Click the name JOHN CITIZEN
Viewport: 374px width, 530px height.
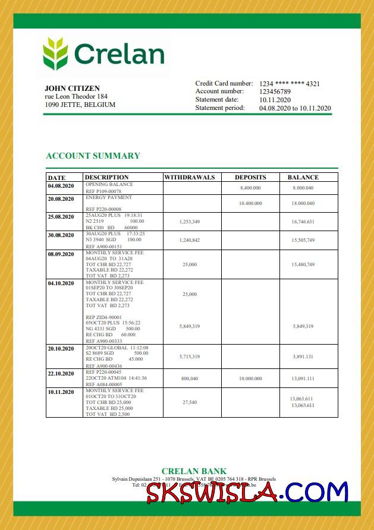pos(72,89)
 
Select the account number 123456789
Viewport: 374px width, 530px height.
pos(275,92)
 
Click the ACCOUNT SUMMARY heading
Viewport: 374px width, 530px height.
pos(93,156)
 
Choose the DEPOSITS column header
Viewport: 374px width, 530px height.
pos(250,177)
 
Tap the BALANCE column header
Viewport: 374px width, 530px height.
pos(303,177)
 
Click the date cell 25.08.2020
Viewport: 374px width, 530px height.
pos(61,216)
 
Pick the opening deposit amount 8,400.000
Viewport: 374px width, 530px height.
pos(250,188)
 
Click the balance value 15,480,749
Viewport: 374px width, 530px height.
pos(303,264)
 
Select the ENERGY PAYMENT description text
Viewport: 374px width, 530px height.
pos(109,197)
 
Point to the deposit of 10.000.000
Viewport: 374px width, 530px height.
pos(250,377)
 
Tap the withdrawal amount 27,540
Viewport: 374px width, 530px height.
pos(189,402)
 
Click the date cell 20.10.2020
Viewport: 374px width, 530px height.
pos(61,348)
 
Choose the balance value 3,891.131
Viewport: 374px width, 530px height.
pos(303,357)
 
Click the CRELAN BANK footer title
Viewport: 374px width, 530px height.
pos(194,471)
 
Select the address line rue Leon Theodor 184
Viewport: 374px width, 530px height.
pos(76,96)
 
